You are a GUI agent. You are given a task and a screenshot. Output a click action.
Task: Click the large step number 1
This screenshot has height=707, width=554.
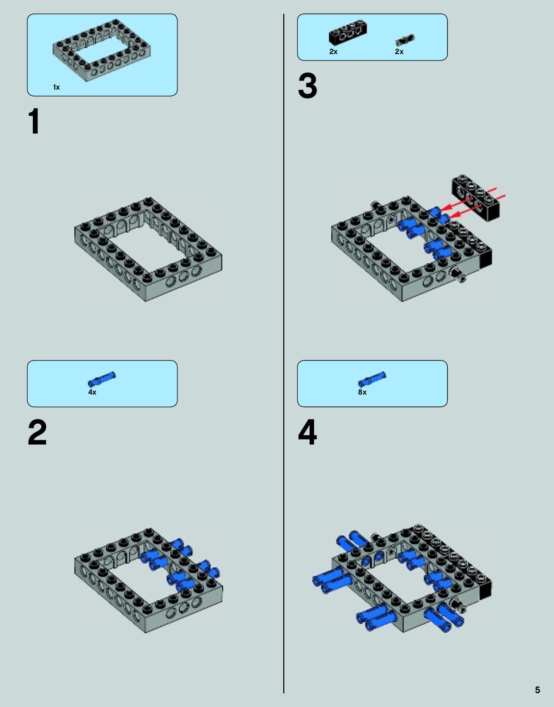pyautogui.click(x=34, y=121)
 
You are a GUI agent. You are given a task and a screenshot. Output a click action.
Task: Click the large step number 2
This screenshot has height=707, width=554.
pyautogui.click(x=37, y=432)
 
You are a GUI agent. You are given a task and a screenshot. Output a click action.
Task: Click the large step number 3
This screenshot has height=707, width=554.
pyautogui.click(x=307, y=86)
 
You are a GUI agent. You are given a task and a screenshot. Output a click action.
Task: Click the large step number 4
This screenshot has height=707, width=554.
pyautogui.click(x=307, y=432)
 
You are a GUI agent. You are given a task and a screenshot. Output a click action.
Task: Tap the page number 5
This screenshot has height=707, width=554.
pyautogui.click(x=537, y=690)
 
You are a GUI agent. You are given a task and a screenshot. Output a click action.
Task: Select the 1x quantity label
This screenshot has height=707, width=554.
pyautogui.click(x=56, y=87)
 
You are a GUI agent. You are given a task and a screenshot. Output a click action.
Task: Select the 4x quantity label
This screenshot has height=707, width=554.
pyautogui.click(x=92, y=392)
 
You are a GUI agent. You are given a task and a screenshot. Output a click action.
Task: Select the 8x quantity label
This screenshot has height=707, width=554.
pyautogui.click(x=362, y=392)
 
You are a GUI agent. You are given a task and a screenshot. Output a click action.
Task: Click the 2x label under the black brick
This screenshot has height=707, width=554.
pyautogui.click(x=334, y=51)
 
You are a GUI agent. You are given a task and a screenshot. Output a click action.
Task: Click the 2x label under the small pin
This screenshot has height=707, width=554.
pyautogui.click(x=399, y=51)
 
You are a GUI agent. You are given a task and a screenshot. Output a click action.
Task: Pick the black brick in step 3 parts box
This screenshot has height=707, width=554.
pyautogui.click(x=348, y=32)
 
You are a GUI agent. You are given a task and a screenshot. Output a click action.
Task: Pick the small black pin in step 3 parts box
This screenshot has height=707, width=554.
pyautogui.click(x=405, y=40)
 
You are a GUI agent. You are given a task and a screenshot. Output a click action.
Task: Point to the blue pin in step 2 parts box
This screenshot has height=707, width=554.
pyautogui.click(x=102, y=379)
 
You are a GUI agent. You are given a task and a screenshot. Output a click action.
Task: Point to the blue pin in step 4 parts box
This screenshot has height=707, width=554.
pyautogui.click(x=372, y=379)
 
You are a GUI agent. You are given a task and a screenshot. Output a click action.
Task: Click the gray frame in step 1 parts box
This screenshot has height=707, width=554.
pyautogui.click(x=102, y=50)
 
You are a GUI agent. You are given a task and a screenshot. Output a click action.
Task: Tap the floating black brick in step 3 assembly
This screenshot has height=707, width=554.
pyautogui.click(x=476, y=197)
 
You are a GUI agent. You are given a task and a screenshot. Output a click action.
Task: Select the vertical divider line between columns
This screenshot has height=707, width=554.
pyautogui.click(x=284, y=353)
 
